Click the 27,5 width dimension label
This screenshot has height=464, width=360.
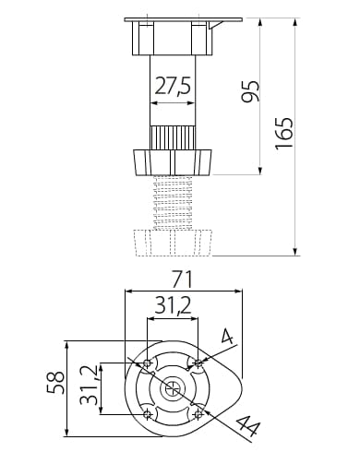coord(173,86)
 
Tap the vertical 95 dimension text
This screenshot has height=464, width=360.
coord(250,91)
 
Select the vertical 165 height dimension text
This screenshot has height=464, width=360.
coord(284,133)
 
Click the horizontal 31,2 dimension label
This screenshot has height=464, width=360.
coord(174,305)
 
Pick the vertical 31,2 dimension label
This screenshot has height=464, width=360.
coord(89,386)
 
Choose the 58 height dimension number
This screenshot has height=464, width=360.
coord(55,383)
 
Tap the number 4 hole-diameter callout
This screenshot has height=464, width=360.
coord(227,336)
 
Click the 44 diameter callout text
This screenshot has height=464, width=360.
coord(248,426)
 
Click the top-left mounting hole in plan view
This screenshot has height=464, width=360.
coord(148,363)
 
